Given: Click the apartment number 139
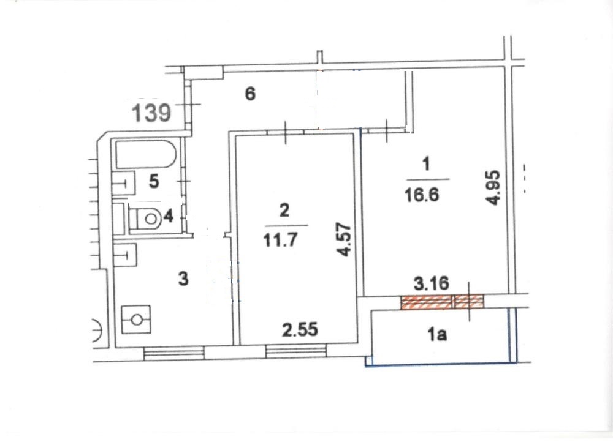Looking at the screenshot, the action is [151, 113].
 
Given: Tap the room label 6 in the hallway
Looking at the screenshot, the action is [250, 94].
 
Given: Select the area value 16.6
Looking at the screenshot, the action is [422, 194].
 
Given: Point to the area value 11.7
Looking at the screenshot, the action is [280, 240].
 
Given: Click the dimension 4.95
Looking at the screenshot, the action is [493, 187].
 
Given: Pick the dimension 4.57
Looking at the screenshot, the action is [344, 239].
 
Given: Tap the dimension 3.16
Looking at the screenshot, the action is [431, 284].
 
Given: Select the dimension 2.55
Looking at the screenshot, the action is [300, 330].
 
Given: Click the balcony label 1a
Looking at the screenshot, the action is [436, 335].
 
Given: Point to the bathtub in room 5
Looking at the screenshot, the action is [145, 154].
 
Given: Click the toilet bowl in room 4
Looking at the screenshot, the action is [145, 219].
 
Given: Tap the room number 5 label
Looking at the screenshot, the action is [154, 182].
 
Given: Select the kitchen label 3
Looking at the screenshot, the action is [183, 279].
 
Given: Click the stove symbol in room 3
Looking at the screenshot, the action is [136, 320].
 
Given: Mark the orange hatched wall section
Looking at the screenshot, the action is [442, 302].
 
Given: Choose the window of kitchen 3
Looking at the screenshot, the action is [174, 353].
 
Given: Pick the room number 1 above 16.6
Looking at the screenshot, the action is [426, 164].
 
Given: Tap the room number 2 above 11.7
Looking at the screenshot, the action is [284, 211].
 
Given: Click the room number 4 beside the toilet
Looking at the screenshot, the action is [168, 216].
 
